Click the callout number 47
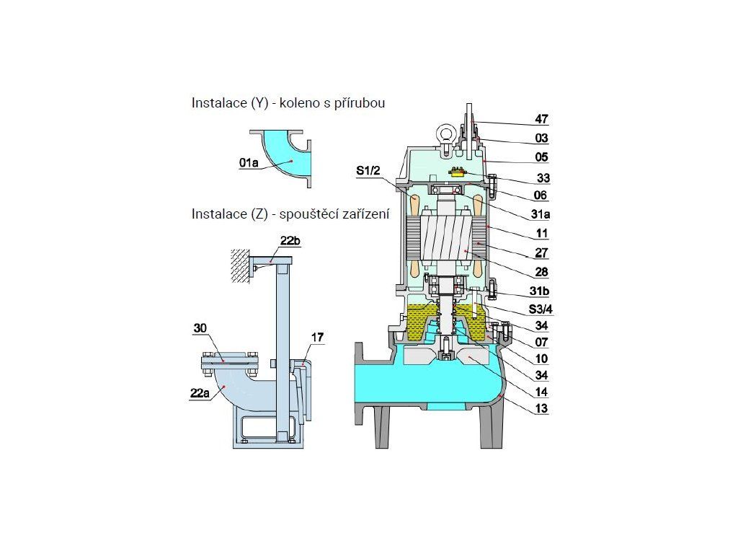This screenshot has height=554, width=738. pyautogui.click(x=541, y=119)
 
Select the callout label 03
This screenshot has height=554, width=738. pyautogui.click(x=541, y=138)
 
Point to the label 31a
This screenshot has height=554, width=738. pyautogui.click(x=541, y=214)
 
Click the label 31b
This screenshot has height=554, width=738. pyautogui.click(x=541, y=291)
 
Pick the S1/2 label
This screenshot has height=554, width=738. pyautogui.click(x=369, y=171)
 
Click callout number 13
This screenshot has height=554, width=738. pyautogui.click(x=541, y=409)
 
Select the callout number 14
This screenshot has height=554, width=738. pyautogui.click(x=541, y=392)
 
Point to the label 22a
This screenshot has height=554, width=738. pyautogui.click(x=201, y=393)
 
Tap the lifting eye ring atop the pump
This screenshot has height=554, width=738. pyautogui.click(x=445, y=133)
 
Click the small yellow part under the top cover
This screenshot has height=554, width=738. pyautogui.click(x=457, y=171)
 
